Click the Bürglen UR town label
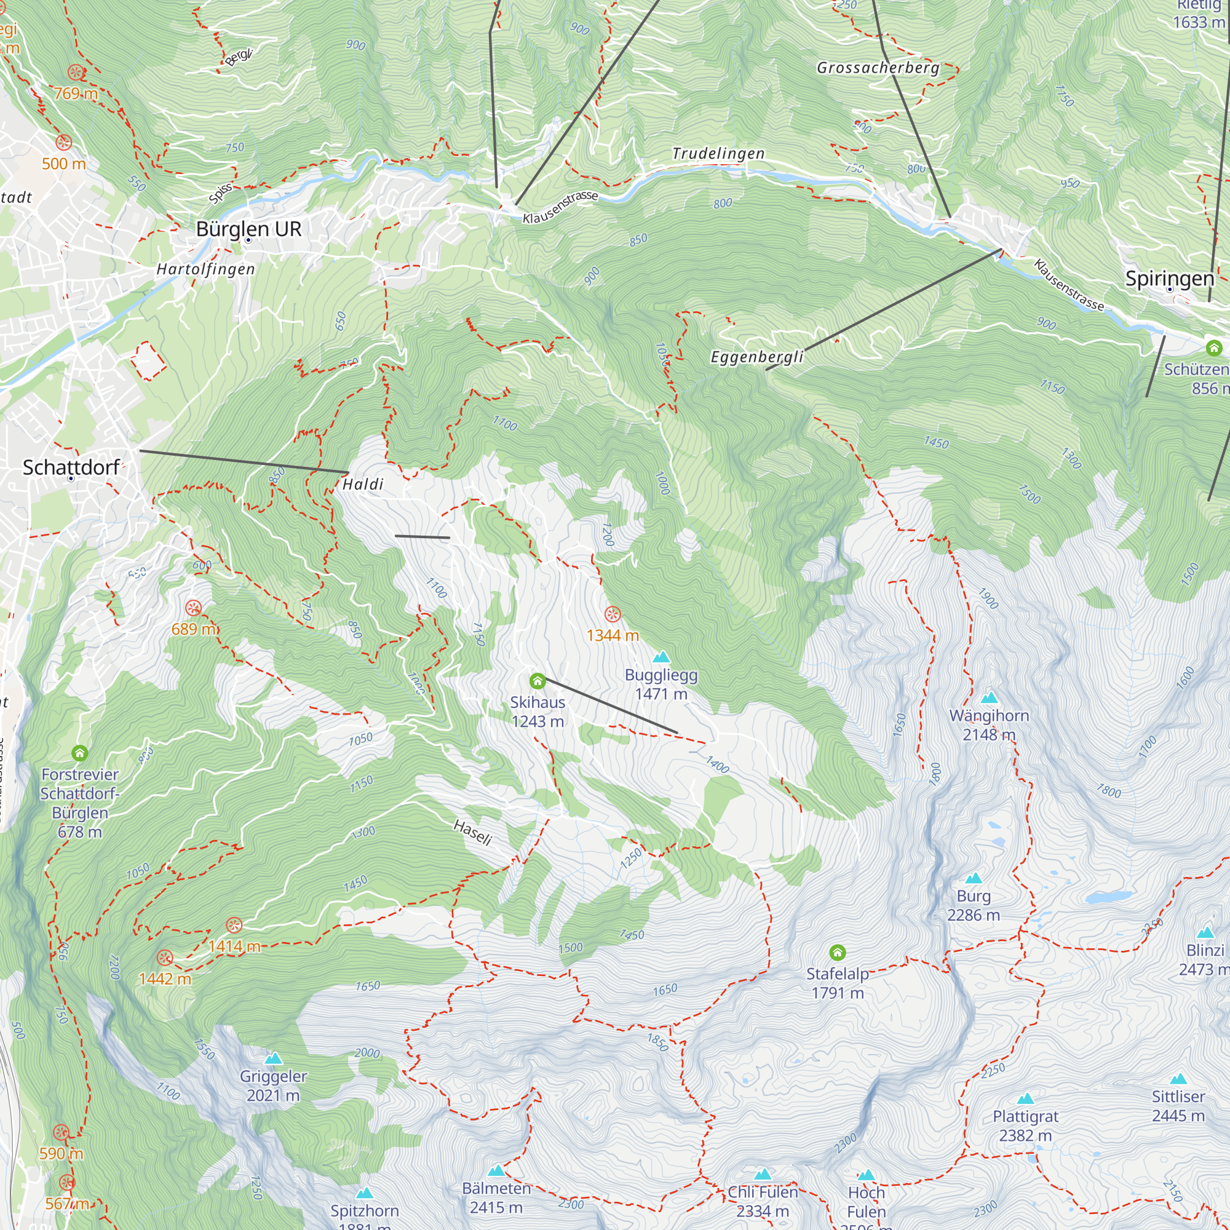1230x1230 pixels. [x=248, y=229]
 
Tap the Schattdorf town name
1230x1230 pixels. [x=71, y=467]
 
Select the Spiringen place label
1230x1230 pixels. [x=1170, y=278]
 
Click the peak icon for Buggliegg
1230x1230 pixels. [x=661, y=656]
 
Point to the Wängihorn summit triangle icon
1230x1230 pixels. [x=989, y=698]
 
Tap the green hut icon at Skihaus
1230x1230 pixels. [x=538, y=682]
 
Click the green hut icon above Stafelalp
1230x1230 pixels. [x=837, y=953]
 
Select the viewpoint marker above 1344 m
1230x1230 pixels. [x=612, y=614]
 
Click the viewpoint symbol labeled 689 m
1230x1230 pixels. [x=194, y=608]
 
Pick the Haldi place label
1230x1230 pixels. [x=363, y=485]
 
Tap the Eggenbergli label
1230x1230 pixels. [x=757, y=357]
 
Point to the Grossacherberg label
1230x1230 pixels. [x=878, y=68]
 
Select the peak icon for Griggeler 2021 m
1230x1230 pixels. [x=273, y=1058]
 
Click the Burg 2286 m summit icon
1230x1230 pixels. [x=974, y=879]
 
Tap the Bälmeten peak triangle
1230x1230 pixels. [x=496, y=1170]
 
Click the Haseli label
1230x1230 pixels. [x=472, y=832]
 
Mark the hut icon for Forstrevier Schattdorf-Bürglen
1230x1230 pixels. [x=79, y=754]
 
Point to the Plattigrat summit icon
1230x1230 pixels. [x=1025, y=1098]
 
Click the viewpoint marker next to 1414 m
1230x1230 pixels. [x=234, y=925]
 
